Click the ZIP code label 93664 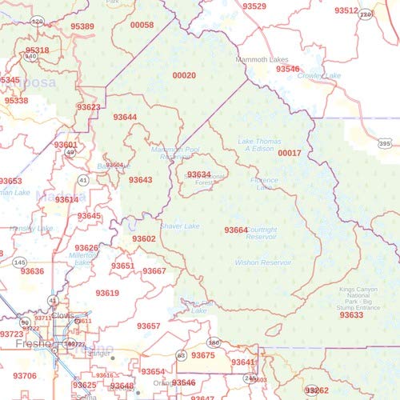coord(236,230)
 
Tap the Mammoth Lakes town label coord(262,60)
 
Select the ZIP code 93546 coord(288,70)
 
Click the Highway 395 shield coord(385,144)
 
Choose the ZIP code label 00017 coord(290,153)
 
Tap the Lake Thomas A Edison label coord(261,145)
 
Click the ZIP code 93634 coord(198,174)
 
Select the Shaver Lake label coord(180,226)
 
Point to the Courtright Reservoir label coord(262,234)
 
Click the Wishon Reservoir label coord(263,262)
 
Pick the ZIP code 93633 coord(351,315)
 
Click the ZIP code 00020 coord(184,75)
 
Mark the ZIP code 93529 coord(254,6)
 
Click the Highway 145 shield coord(19,262)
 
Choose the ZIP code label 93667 coord(154,271)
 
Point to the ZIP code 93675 coord(203,355)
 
